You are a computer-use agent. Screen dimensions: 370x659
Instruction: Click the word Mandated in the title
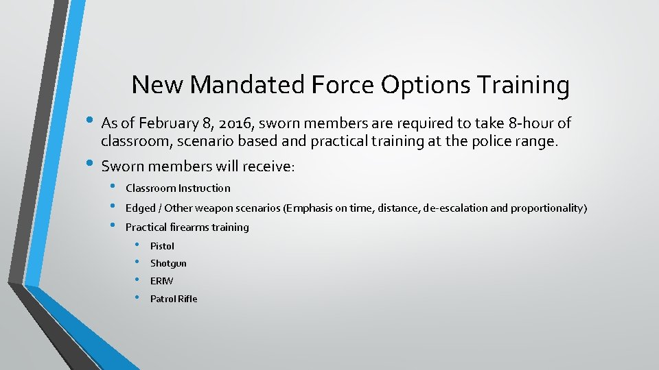pos(248,85)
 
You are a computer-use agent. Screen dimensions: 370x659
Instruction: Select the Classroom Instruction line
pos(178,188)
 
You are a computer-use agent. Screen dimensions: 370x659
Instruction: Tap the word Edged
pos(139,208)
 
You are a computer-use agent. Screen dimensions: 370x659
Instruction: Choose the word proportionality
pos(548,208)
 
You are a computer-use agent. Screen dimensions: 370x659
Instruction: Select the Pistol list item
pos(162,245)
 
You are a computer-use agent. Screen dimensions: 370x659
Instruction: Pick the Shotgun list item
pos(168,263)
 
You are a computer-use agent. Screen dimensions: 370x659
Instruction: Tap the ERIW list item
pos(161,281)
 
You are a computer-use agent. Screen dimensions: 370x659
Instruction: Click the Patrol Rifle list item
pos(174,299)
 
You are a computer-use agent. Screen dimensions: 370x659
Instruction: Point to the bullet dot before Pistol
pos(137,245)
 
